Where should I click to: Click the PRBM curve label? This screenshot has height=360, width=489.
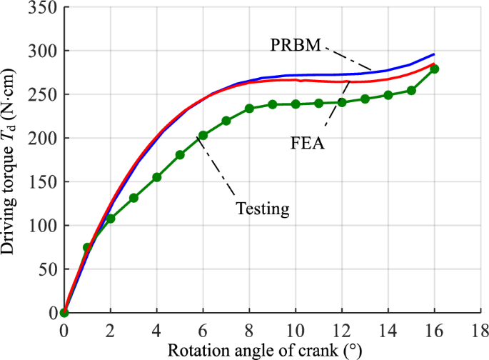[296, 44]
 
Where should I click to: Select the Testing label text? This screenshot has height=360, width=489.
[262, 209]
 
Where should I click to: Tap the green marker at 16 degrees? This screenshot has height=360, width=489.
[434, 69]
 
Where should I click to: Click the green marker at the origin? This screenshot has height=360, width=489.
[64, 312]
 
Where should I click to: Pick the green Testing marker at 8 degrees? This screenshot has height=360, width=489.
[249, 109]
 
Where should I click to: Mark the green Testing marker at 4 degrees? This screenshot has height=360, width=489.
[157, 177]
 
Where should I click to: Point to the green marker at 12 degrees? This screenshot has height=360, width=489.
[342, 102]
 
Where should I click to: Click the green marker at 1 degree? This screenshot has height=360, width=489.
[87, 247]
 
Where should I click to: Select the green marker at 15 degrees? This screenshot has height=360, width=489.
[411, 91]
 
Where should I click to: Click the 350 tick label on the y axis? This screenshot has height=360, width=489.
[45, 7]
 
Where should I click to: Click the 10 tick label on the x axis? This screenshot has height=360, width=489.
[295, 330]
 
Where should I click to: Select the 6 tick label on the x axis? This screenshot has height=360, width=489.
[203, 330]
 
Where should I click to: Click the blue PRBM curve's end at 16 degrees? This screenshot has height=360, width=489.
[434, 54]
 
